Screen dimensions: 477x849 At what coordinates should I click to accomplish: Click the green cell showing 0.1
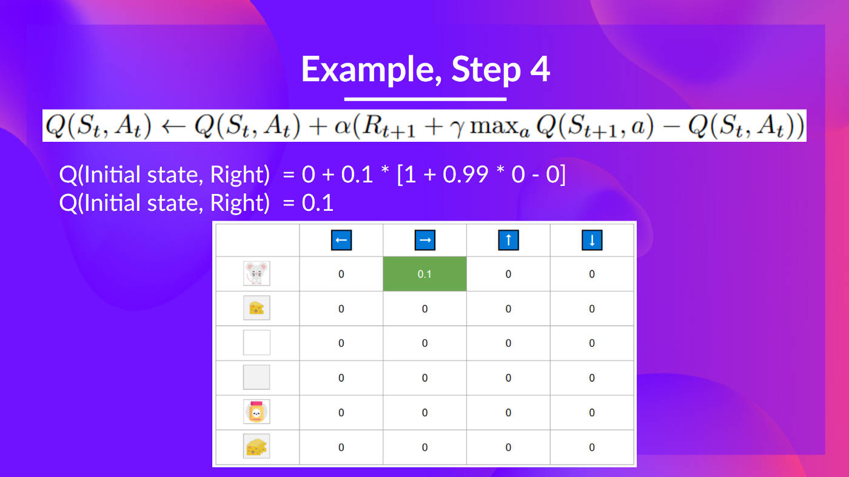[x=424, y=274]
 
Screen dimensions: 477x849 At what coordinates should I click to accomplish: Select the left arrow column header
[x=341, y=240]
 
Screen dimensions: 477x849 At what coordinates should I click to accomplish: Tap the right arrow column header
[x=425, y=240]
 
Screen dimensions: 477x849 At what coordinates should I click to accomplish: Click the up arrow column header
[x=508, y=240]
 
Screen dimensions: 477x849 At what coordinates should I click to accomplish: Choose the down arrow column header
[x=592, y=240]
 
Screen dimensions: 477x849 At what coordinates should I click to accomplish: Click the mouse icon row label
[x=257, y=274]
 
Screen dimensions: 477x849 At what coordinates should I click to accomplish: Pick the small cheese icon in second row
[x=257, y=309]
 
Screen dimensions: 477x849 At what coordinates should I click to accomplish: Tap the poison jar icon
[x=257, y=412]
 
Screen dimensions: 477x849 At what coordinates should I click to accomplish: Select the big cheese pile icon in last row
[x=257, y=447]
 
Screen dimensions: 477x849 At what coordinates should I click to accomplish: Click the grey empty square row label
[x=257, y=378]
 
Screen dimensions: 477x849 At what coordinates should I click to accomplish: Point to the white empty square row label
[x=257, y=343]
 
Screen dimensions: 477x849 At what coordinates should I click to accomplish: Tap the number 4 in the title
[x=540, y=70]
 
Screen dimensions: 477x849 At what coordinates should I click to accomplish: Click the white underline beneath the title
[x=425, y=99]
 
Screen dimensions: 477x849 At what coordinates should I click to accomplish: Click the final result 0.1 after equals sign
[x=318, y=202]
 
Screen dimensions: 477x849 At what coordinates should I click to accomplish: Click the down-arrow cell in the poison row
[x=592, y=412]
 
